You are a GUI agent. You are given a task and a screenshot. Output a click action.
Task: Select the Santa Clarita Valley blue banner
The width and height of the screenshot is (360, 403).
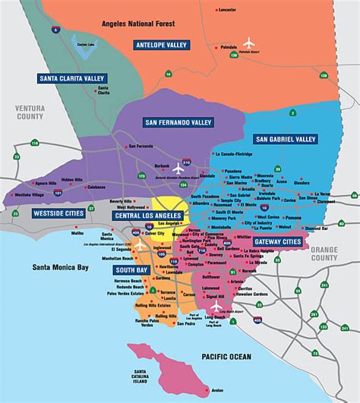point(73,77)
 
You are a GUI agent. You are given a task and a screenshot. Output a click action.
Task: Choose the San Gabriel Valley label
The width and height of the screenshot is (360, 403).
point(286,139)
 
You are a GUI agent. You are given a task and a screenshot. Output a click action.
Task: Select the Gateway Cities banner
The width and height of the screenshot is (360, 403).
point(276,241)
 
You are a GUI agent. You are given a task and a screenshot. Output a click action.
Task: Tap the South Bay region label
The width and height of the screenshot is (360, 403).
point(131,269)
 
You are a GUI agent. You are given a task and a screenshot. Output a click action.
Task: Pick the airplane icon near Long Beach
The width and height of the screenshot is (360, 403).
point(216,305)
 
